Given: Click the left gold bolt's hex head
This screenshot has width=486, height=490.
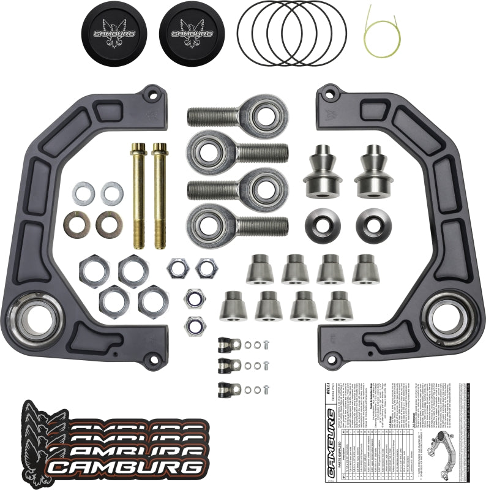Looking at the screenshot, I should (x=138, y=148).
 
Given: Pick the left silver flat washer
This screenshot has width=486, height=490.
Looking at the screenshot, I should (x=83, y=194).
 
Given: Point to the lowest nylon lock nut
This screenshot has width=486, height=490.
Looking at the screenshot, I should (x=195, y=323).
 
